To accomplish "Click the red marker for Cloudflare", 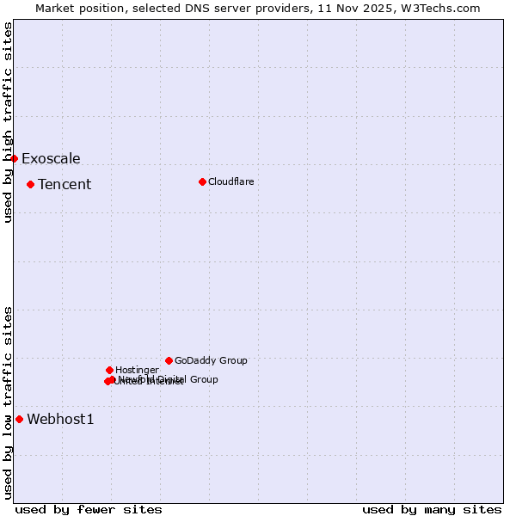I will (x=202, y=181).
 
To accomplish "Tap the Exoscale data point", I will (x=14, y=158).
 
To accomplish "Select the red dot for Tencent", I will (x=30, y=184).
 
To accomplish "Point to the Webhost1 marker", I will (x=19, y=419).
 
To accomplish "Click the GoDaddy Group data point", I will (x=169, y=360).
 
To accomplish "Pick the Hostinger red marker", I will (x=109, y=370).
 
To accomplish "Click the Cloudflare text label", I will (x=230, y=181).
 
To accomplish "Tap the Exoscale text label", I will (x=51, y=158).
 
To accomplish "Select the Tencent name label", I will (x=64, y=184).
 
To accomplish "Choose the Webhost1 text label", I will (x=60, y=419).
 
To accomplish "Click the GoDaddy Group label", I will (x=211, y=360).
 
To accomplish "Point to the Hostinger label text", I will (x=137, y=370).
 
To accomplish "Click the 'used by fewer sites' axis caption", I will (x=89, y=509).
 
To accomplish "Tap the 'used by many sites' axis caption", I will (x=432, y=509).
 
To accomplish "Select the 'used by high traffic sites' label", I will (x=9, y=122).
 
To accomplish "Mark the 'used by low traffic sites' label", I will (x=9, y=402).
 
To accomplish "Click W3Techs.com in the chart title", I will (x=445, y=8).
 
